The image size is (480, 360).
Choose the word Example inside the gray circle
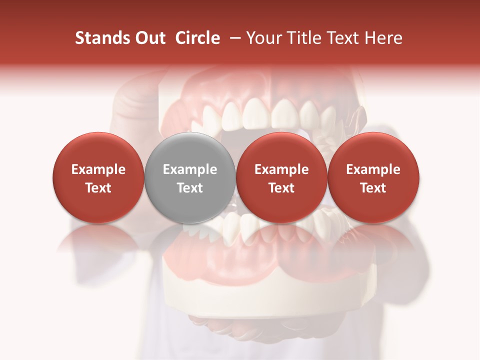click(x=189, y=169)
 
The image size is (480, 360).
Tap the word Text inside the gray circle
click(x=189, y=188)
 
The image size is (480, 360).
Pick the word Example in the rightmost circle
click(x=373, y=169)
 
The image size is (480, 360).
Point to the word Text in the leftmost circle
click(x=98, y=188)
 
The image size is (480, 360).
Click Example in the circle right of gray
click(x=281, y=169)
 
